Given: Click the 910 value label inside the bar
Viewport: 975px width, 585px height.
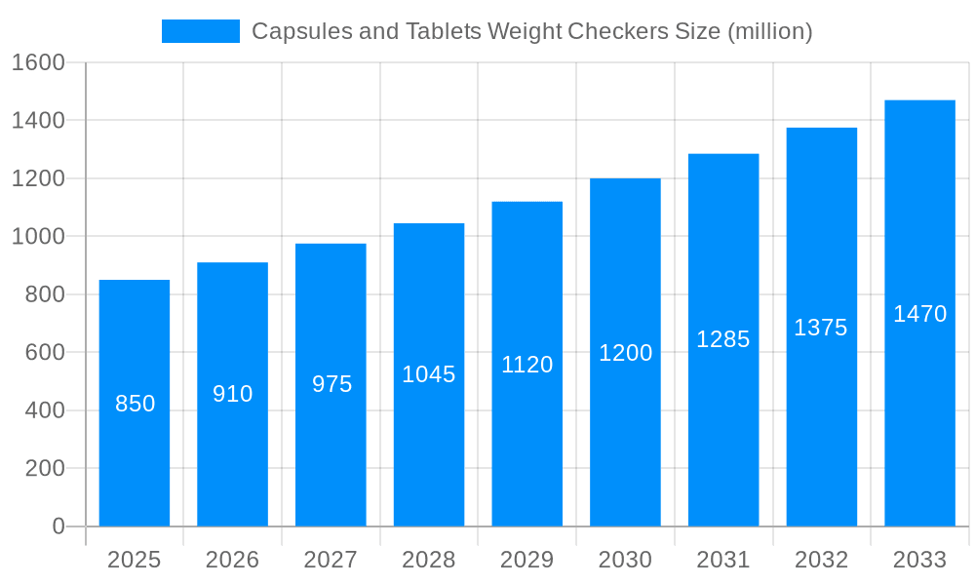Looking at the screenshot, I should pos(233,394).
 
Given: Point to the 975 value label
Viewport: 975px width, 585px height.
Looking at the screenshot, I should pos(331,384).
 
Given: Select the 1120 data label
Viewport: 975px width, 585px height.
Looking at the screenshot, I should pos(526,365).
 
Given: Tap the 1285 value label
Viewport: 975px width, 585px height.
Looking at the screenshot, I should pos(723,339).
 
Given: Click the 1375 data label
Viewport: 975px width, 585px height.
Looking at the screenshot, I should pos(821,328).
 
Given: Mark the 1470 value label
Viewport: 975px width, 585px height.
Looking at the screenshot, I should pos(919,314).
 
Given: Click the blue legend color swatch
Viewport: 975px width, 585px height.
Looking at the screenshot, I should pos(200,31).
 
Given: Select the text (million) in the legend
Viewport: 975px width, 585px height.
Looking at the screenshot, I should pos(769,31).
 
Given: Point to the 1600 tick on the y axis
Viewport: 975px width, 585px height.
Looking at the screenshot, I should pos(37,62).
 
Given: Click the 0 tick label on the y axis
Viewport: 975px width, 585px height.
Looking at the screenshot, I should pos(58,526).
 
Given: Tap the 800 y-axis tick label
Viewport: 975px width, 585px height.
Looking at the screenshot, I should pos(44,294).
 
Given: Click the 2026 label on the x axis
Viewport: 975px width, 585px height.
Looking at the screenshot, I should pos(233,560).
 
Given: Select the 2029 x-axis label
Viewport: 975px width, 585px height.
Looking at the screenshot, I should pos(526,560).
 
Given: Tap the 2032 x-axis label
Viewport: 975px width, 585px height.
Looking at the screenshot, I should pos(821,560).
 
